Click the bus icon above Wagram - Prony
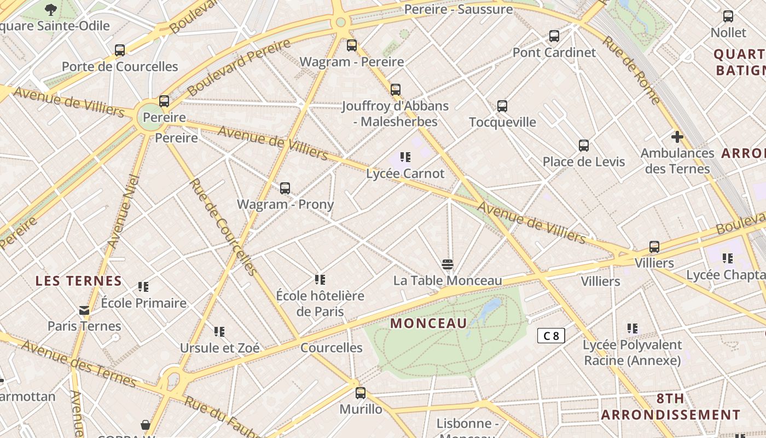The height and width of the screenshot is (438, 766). pyautogui.click(x=285, y=188)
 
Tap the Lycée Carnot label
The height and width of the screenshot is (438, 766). pyautogui.click(x=405, y=174)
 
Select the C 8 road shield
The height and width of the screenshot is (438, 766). pyautogui.click(x=550, y=336)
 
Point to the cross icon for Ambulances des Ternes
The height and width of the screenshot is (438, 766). pyautogui.click(x=677, y=137)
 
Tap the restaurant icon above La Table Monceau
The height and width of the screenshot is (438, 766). pyautogui.click(x=447, y=265)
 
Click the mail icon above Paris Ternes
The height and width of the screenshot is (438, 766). pyautogui.click(x=84, y=310)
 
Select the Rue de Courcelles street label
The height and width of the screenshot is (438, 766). pyautogui.click(x=223, y=227)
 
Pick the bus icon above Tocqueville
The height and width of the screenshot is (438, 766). pyautogui.click(x=502, y=106)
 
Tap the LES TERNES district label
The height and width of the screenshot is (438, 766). pyautogui.click(x=78, y=281)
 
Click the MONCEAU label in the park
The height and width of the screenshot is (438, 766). pyautogui.click(x=428, y=323)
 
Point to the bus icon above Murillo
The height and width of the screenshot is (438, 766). pyautogui.click(x=360, y=393)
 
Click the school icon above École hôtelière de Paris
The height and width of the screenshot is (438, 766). pyautogui.click(x=320, y=280)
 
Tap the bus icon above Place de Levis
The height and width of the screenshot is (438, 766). pyautogui.click(x=583, y=146)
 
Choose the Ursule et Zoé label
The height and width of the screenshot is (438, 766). pyautogui.click(x=219, y=348)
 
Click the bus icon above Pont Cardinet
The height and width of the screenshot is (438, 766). pyautogui.click(x=554, y=36)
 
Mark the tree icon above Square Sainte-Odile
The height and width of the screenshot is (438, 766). pyautogui.click(x=51, y=9)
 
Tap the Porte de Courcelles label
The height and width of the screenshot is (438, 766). pyautogui.click(x=120, y=67)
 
